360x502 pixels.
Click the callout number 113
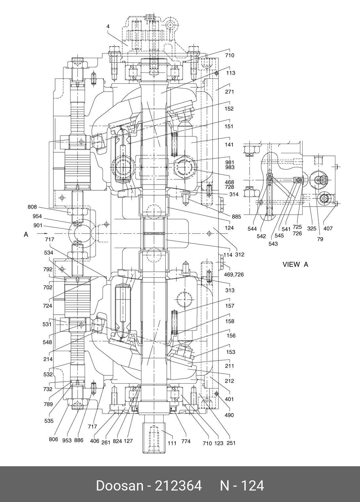click(x=230, y=73)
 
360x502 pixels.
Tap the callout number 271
click(x=230, y=92)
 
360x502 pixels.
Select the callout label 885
click(x=236, y=217)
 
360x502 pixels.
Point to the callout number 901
click(x=38, y=225)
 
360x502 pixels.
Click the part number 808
click(x=32, y=207)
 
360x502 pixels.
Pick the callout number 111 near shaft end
click(x=172, y=443)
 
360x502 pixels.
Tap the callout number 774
click(x=186, y=441)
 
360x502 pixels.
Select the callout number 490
click(x=229, y=415)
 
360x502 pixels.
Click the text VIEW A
click(x=295, y=264)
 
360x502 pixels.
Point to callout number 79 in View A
click(x=320, y=239)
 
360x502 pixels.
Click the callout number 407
click(x=328, y=228)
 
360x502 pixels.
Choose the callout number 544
click(x=252, y=229)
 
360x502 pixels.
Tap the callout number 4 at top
click(x=108, y=27)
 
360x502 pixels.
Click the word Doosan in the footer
click(x=120, y=485)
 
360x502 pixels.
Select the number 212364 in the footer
click(x=178, y=485)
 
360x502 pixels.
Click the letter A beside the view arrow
click(x=26, y=234)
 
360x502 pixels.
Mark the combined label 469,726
click(x=234, y=275)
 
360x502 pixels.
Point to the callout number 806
click(x=53, y=439)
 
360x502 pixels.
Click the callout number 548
click(x=47, y=342)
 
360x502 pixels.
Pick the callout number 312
click(x=240, y=255)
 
